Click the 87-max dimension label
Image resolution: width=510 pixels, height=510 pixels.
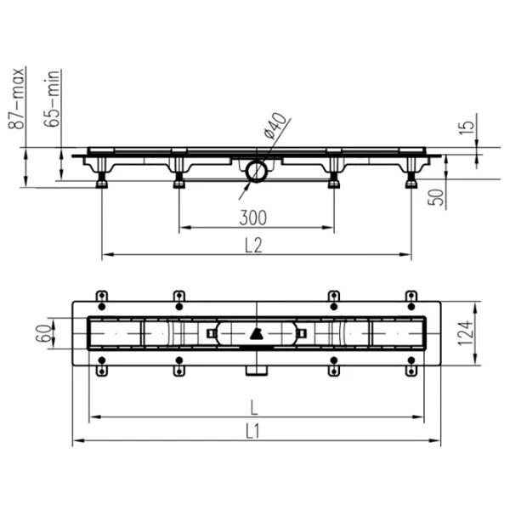(16, 99)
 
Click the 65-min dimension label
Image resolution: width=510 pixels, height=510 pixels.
(52, 99)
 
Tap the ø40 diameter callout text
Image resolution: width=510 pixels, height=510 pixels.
(275, 126)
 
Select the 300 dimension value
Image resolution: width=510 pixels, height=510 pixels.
(253, 218)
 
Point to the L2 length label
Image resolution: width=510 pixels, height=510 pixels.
(253, 246)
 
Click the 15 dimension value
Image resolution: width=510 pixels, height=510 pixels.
(467, 127)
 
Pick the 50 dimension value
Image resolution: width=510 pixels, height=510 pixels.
(436, 197)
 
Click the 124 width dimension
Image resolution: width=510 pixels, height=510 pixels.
(465, 333)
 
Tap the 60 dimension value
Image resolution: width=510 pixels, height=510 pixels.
(43, 333)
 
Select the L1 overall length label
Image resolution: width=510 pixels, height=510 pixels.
(252, 432)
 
